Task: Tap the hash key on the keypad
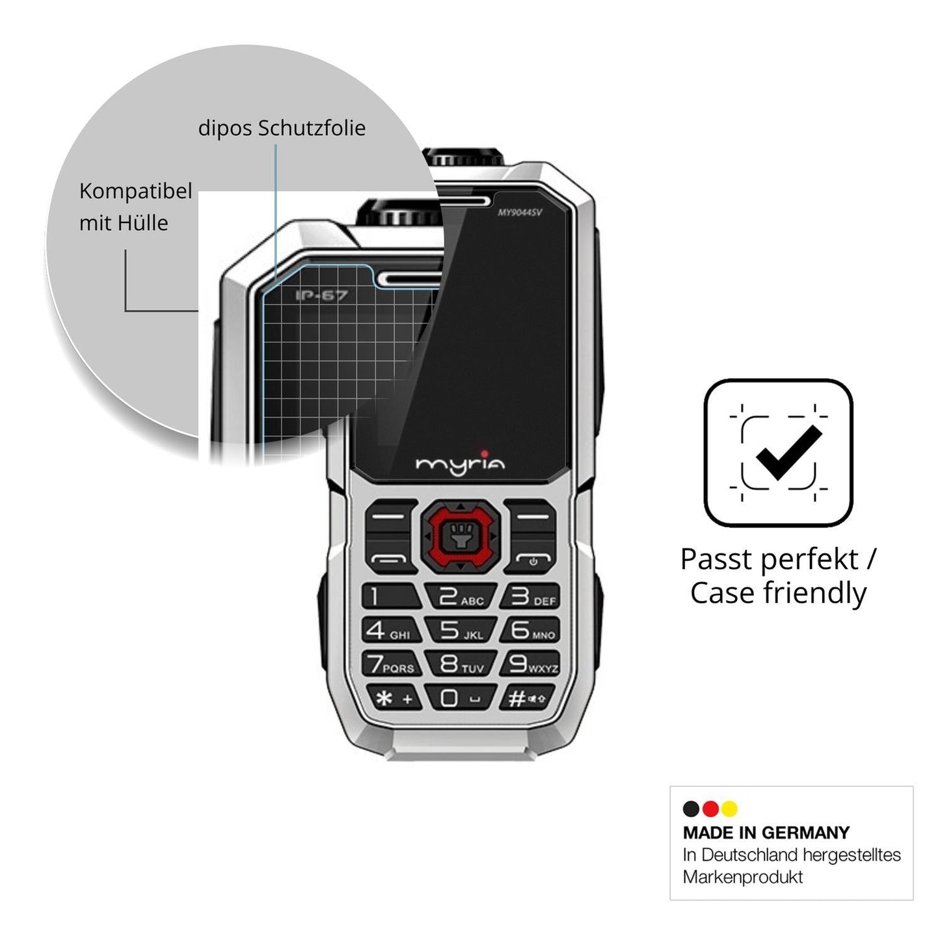528,698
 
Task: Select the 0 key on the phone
461,698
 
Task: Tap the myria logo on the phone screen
460,462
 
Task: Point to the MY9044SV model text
520,212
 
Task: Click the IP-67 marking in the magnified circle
321,295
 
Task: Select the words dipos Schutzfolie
282,128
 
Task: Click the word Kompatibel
135,191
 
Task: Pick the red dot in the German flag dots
710,809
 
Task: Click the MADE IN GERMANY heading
766,833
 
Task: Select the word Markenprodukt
742,877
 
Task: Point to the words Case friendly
779,593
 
